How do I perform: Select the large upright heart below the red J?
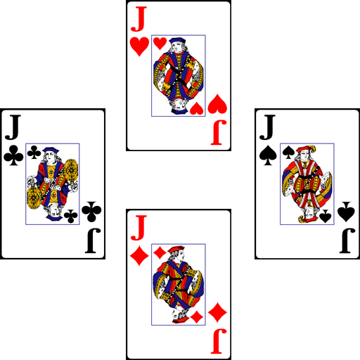(139, 46)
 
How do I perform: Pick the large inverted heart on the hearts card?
(217, 104)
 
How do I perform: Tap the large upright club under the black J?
(13, 155)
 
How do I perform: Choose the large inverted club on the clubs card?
(91, 212)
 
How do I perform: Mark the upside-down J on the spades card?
(347, 241)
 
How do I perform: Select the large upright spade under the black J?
(268, 155)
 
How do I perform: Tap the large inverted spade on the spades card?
(346, 212)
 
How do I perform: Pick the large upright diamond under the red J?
(139, 255)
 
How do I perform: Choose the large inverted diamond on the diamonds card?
(217, 312)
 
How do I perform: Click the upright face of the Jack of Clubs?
(51, 157)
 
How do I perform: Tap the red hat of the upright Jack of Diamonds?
(176, 249)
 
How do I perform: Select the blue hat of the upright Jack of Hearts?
(177, 40)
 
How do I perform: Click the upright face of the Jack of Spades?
(304, 155)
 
